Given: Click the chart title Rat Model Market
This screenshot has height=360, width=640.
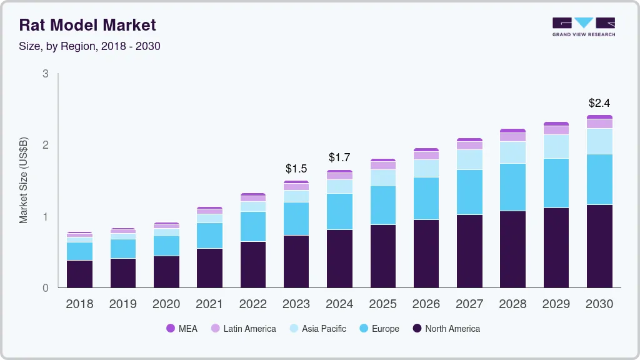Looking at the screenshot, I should point(87,25).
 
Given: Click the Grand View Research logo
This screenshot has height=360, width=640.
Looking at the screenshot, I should point(583,27).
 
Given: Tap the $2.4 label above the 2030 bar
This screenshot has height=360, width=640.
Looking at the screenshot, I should point(600,103).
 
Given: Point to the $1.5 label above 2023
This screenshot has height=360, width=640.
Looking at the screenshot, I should point(296,169).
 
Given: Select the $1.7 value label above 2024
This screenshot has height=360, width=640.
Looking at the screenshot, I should point(339,157).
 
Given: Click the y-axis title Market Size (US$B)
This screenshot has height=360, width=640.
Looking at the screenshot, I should point(23,181).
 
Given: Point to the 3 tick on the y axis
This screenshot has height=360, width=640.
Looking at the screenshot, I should point(46,74).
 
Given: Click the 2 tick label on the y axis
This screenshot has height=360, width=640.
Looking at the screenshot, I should point(46,145).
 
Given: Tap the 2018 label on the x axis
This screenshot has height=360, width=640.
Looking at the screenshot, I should point(79,304).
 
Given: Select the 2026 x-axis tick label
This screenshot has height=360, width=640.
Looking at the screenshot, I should point(426,304).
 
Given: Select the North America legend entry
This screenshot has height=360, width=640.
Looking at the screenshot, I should point(446,328).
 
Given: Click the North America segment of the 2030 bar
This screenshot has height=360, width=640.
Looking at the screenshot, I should point(600,246).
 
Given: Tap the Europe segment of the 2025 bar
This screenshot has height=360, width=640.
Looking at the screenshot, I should point(383,205).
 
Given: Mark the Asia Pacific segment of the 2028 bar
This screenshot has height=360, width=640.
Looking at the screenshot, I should point(513,152).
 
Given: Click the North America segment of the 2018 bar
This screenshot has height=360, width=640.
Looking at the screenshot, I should point(79,274).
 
